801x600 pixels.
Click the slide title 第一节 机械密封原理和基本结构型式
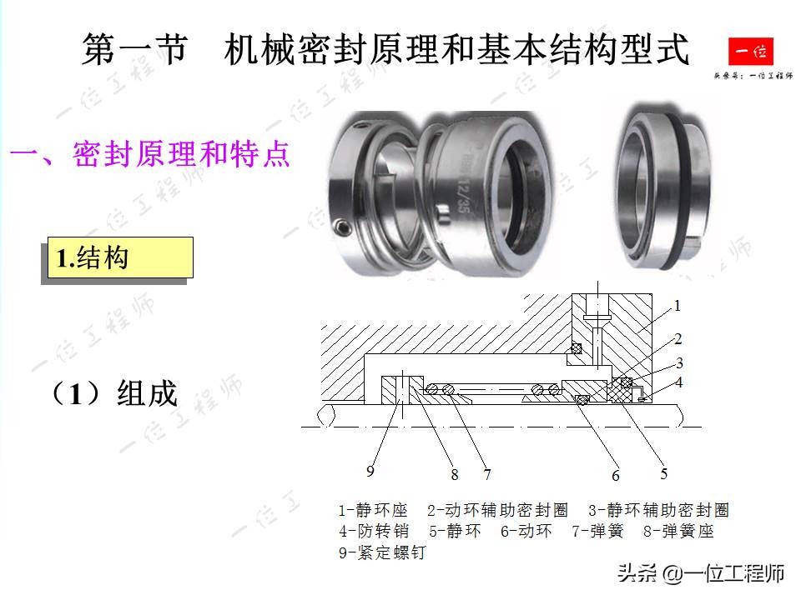coord(385,50)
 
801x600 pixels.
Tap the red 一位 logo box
coord(750,52)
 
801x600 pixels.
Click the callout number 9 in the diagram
coord(370,472)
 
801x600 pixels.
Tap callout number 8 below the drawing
coord(455,475)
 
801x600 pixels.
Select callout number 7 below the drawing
coord(486,475)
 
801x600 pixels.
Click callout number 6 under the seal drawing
coord(616,476)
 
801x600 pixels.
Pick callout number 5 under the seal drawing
coord(664,474)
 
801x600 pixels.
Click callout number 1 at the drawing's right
coord(678,306)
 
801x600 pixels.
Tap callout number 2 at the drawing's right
coord(678,339)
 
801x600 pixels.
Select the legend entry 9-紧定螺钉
coord(381,552)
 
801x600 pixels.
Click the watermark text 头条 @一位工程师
coord(701,573)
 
